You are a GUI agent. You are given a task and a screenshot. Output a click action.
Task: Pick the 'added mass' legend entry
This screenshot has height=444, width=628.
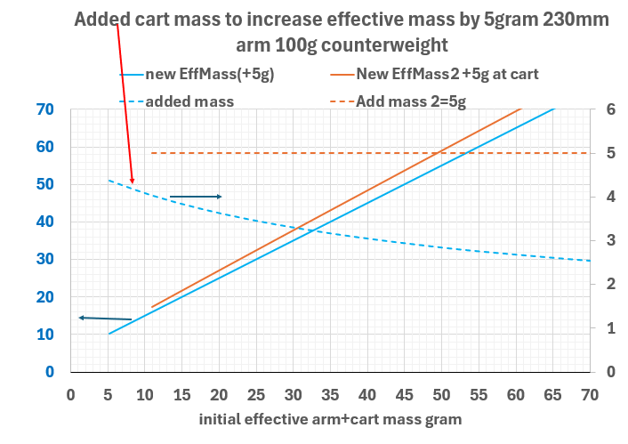click(x=189, y=101)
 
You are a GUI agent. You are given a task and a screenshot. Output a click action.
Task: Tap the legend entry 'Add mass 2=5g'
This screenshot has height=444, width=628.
click(x=410, y=101)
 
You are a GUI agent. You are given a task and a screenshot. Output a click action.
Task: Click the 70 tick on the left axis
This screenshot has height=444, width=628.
click(x=44, y=109)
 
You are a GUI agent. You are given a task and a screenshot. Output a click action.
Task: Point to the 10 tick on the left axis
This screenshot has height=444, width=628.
click(x=44, y=335)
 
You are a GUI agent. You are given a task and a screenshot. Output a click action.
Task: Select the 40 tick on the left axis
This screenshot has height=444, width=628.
click(x=44, y=222)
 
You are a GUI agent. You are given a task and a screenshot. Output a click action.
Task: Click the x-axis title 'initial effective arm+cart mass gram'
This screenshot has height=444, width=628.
click(x=329, y=418)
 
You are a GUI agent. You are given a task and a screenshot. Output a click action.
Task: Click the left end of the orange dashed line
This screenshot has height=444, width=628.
click(x=152, y=153)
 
